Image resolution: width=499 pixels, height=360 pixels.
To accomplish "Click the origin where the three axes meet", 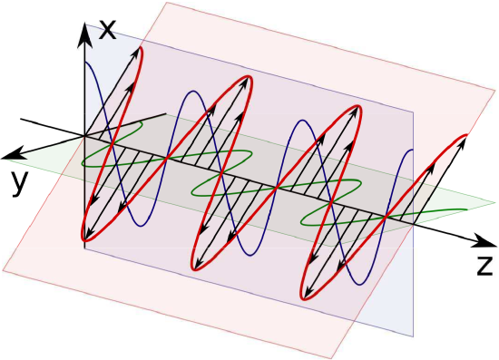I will tap(84, 136).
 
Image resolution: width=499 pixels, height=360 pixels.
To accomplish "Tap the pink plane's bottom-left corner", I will tap(5, 269).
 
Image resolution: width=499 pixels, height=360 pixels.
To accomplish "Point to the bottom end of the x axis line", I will tap(84, 247).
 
